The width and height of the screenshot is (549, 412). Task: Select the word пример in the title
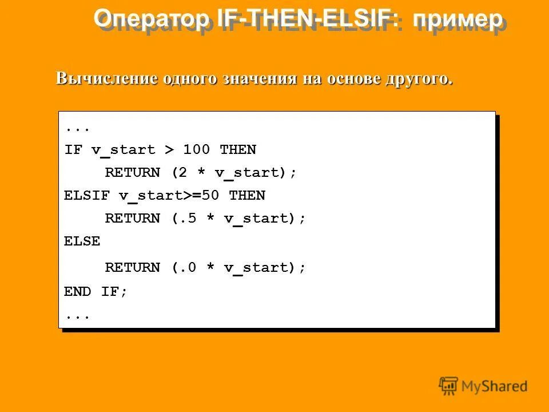tap(457, 19)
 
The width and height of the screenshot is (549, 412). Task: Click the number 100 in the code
tap(197, 150)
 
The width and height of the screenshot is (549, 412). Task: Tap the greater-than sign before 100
tap(169, 150)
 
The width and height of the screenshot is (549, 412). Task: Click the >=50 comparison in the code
tap(201, 196)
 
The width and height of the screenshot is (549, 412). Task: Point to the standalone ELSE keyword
tap(82, 241)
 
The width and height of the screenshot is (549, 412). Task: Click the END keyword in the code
tap(77, 291)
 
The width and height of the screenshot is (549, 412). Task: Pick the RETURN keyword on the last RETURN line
tap(133, 267)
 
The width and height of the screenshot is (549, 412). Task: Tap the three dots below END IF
tap(77, 316)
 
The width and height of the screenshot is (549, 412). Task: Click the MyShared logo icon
tap(448, 385)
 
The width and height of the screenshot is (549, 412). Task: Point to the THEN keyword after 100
tap(238, 150)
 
